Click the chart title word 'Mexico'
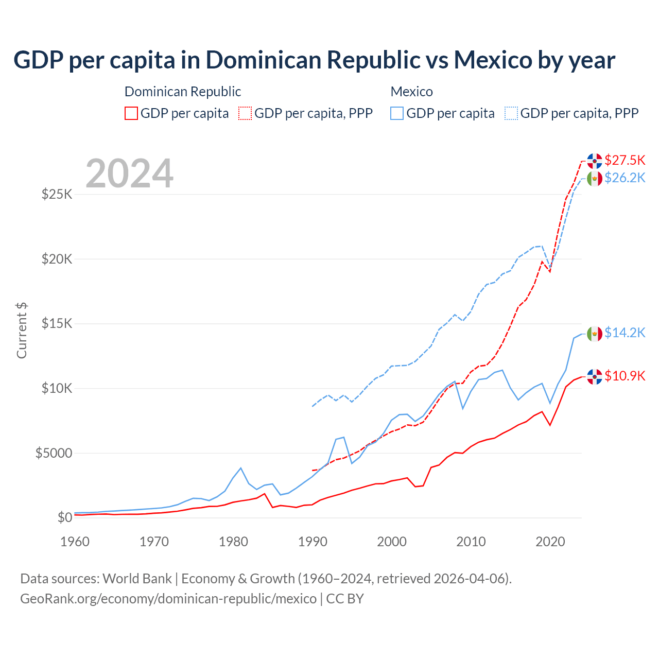tap(493, 60)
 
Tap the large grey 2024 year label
tap(129, 174)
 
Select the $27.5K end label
tap(625, 160)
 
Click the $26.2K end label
tap(625, 178)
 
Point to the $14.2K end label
tap(625, 333)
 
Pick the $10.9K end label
tap(625, 376)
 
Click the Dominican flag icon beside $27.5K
tap(595, 161)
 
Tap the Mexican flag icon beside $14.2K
tap(595, 334)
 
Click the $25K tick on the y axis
tap(57, 194)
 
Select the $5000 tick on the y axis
tap(54, 453)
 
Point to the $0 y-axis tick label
tap(64, 517)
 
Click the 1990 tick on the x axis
tap(313, 542)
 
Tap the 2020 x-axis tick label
tap(550, 542)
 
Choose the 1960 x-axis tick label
tap(75, 542)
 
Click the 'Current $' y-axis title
tap(22, 330)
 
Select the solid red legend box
tap(131, 113)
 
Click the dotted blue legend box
tap(511, 113)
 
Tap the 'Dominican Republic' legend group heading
tap(183, 92)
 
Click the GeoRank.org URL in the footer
tap(168, 599)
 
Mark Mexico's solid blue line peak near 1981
tap(240, 468)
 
